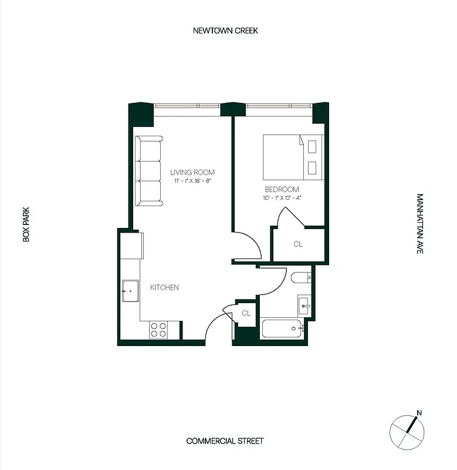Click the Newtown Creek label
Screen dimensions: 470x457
[x=225, y=31]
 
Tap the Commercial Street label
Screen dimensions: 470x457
[x=225, y=441]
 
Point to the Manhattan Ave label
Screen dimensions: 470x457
[x=419, y=224]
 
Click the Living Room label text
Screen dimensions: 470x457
[x=192, y=173]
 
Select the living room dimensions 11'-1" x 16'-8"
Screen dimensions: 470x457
[x=192, y=182]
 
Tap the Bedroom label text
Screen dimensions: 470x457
[x=282, y=190]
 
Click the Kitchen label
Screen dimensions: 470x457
[x=164, y=287]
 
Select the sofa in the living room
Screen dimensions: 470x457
[x=149, y=171]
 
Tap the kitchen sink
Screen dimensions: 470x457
[x=130, y=291]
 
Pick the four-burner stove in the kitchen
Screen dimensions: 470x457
[x=158, y=330]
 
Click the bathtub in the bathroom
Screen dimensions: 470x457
[x=282, y=329]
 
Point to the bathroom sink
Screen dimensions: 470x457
[x=303, y=304]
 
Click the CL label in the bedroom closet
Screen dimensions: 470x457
[x=298, y=244]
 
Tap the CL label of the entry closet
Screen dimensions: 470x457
[x=246, y=314]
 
